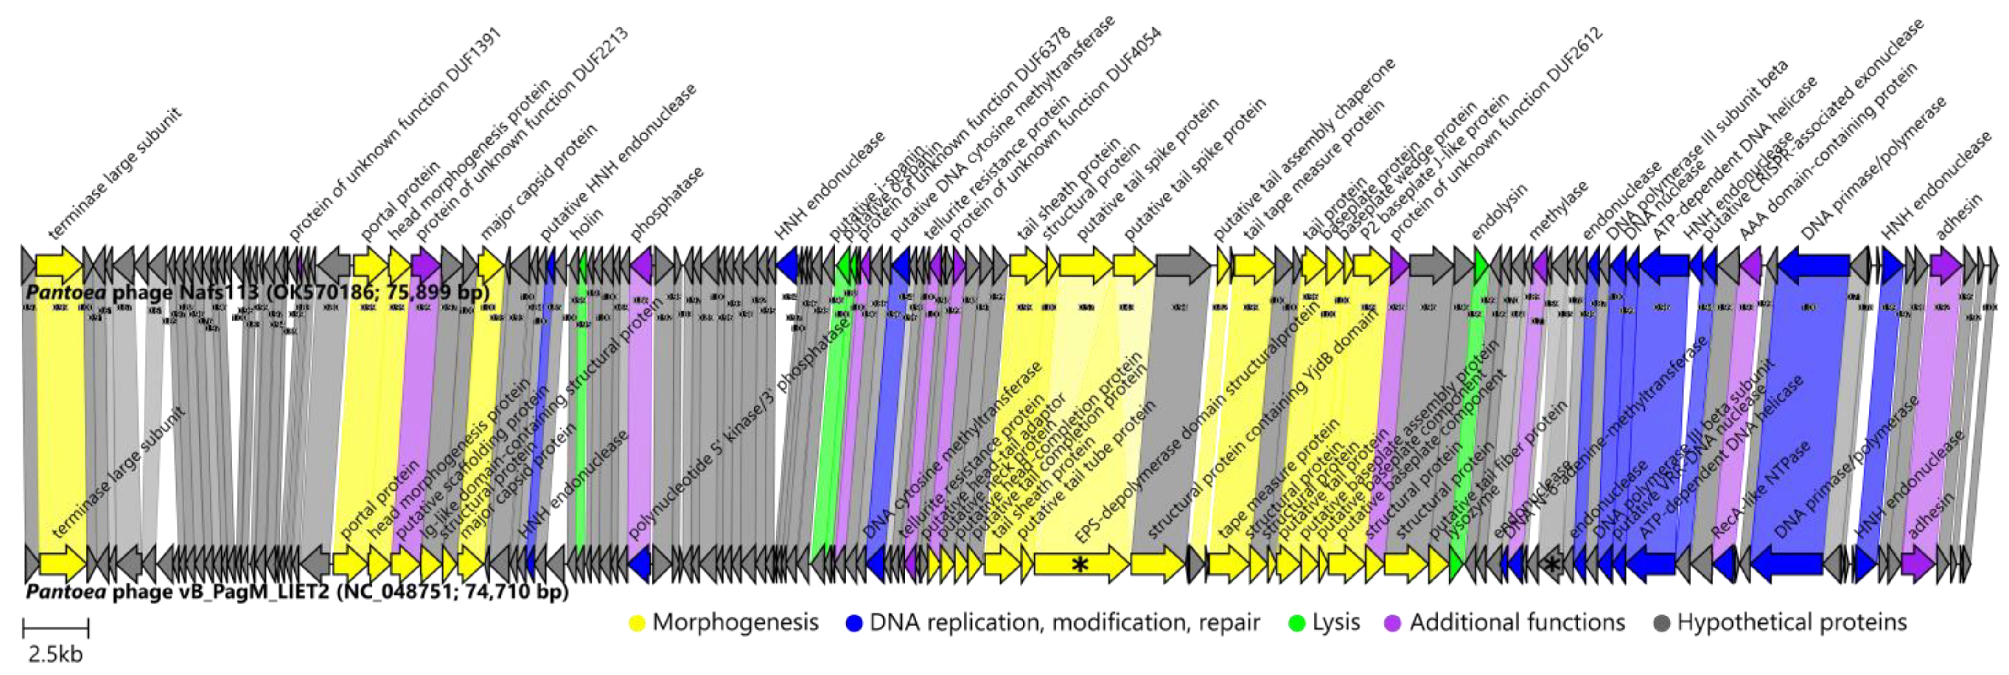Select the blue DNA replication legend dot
click(x=854, y=623)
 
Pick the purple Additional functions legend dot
click(x=1393, y=623)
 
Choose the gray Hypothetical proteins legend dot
click(x=1661, y=623)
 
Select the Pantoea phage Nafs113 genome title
click(x=258, y=292)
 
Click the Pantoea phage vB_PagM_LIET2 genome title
click(x=296, y=592)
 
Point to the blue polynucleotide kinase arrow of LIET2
click(x=640, y=563)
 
